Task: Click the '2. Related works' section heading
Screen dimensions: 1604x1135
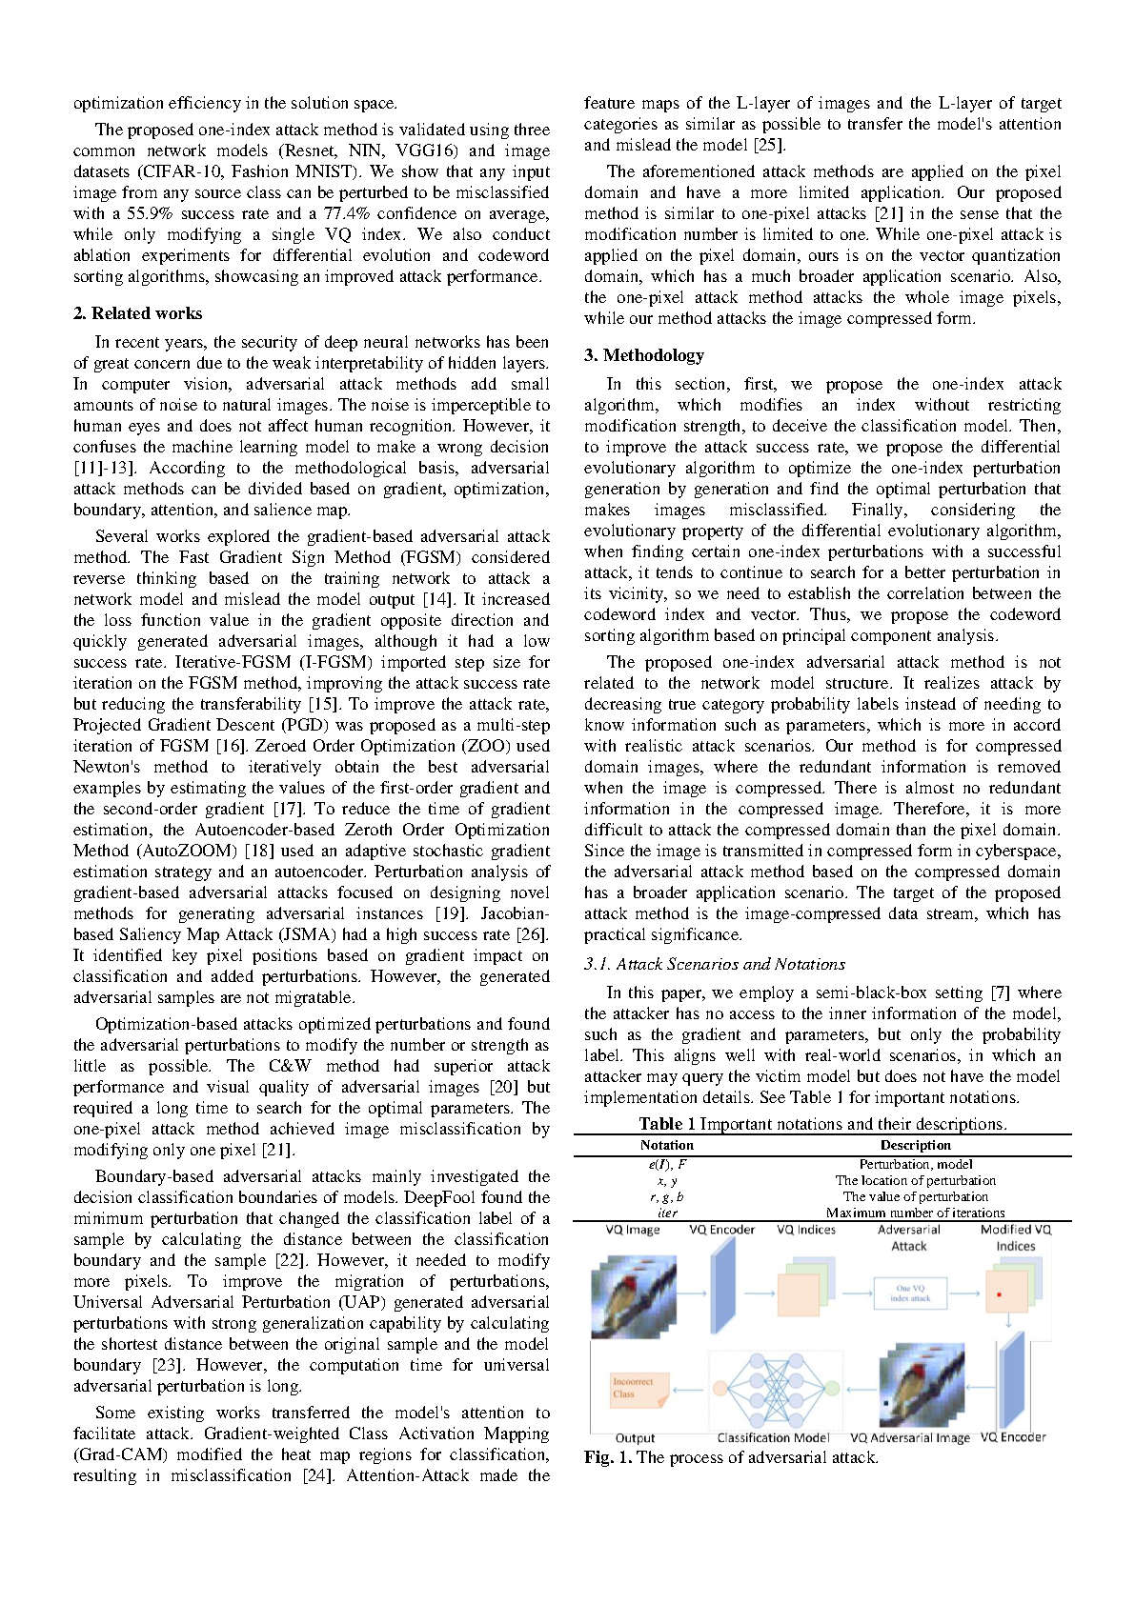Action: coord(137,313)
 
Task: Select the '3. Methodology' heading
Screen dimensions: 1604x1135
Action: coord(643,355)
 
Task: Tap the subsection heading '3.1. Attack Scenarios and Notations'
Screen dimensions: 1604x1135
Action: coord(714,964)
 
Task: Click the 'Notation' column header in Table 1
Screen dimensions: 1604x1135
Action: coord(666,1145)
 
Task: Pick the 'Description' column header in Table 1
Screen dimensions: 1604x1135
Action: coord(915,1145)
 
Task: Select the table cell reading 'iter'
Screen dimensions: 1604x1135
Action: coord(666,1213)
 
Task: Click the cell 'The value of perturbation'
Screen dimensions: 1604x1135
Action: coord(915,1196)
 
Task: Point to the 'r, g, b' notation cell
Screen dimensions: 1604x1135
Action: coord(666,1196)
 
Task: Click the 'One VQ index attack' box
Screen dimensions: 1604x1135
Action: coord(909,1293)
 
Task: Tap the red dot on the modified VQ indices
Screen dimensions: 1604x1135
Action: coord(999,1294)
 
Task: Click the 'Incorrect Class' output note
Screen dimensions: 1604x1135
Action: coord(638,1388)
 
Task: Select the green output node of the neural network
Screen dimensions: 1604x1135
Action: coord(831,1389)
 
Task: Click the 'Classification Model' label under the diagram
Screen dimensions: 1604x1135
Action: coord(773,1438)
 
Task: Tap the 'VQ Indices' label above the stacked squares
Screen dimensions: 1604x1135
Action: coord(805,1230)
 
